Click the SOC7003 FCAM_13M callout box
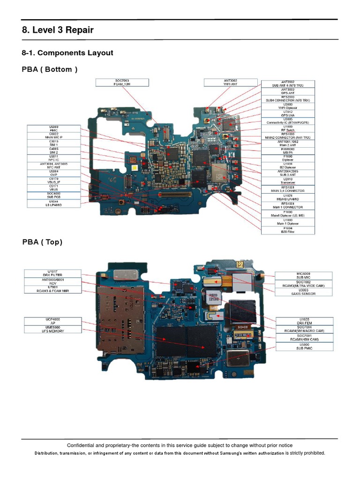pyautogui.click(x=122, y=82)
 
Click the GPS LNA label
pyautogui.click(x=288, y=114)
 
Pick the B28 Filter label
pyautogui.click(x=288, y=231)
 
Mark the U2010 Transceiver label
pyautogui.click(x=288, y=181)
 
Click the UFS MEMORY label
pyautogui.click(x=52, y=331)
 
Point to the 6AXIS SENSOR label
pyautogui.click(x=304, y=293)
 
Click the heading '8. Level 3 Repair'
pyautogui.click(x=58, y=30)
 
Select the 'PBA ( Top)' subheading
pyautogui.click(x=42, y=242)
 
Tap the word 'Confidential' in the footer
pyautogui.click(x=80, y=445)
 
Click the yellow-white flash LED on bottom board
pyautogui.click(x=135, y=167)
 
